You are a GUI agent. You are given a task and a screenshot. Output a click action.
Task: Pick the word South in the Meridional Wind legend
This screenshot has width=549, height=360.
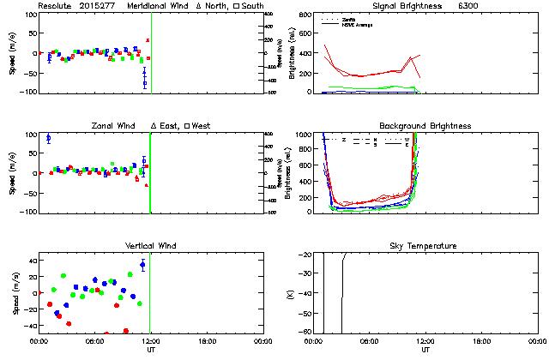pos(252,6)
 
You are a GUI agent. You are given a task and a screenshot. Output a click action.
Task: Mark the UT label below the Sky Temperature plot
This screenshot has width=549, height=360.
pos(425,350)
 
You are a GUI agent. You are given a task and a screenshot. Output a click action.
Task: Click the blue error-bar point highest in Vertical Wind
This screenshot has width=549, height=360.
pos(142,265)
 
